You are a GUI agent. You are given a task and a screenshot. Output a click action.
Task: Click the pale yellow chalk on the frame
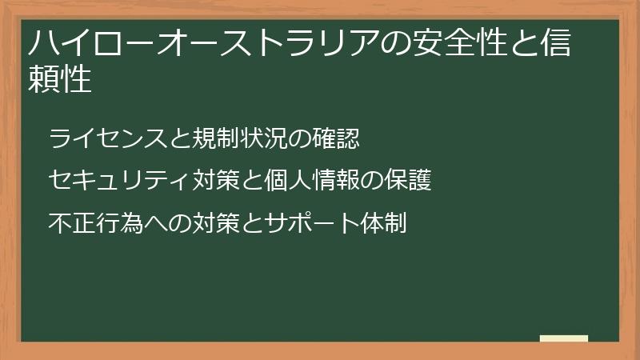564,338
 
